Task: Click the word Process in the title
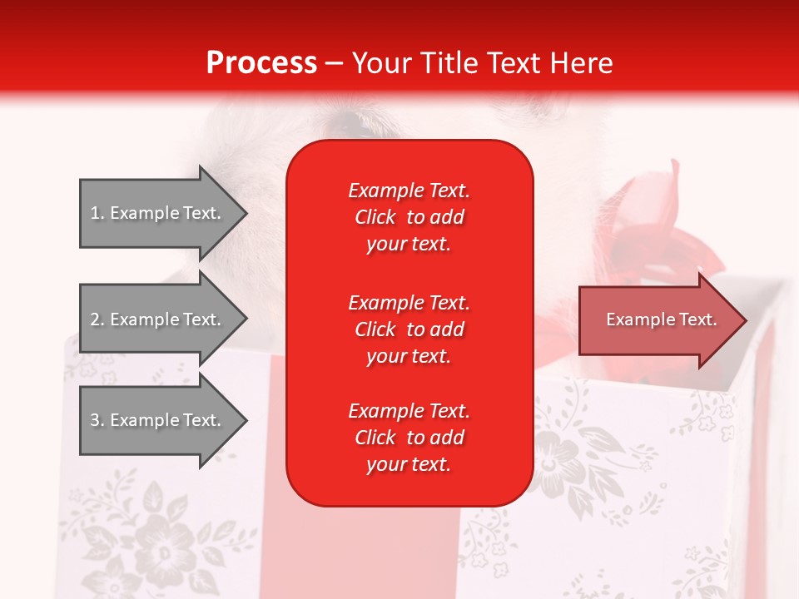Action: [261, 63]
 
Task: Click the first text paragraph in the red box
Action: [409, 217]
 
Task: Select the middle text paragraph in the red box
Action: [409, 329]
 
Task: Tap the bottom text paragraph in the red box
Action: [409, 438]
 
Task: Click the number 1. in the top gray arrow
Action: [97, 213]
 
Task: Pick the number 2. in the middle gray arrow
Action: [97, 319]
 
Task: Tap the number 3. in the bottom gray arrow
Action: [97, 420]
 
